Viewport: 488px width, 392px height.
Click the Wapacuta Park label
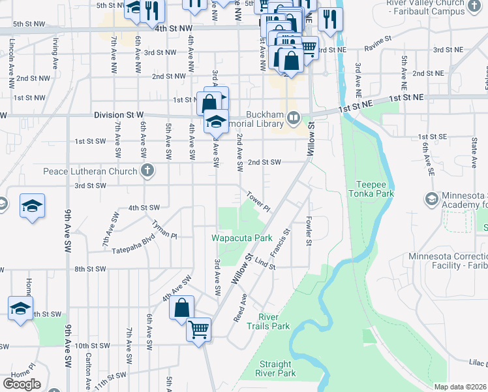tap(241, 238)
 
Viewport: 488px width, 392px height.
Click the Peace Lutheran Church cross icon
tap(147, 172)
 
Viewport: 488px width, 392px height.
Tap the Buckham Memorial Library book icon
tap(294, 118)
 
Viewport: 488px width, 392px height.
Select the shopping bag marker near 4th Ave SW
tap(182, 307)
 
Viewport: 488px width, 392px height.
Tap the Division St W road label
tap(119, 115)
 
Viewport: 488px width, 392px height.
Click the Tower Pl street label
tap(258, 201)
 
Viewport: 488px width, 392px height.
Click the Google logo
tap(22, 384)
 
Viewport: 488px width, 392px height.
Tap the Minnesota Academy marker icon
tap(431, 198)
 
